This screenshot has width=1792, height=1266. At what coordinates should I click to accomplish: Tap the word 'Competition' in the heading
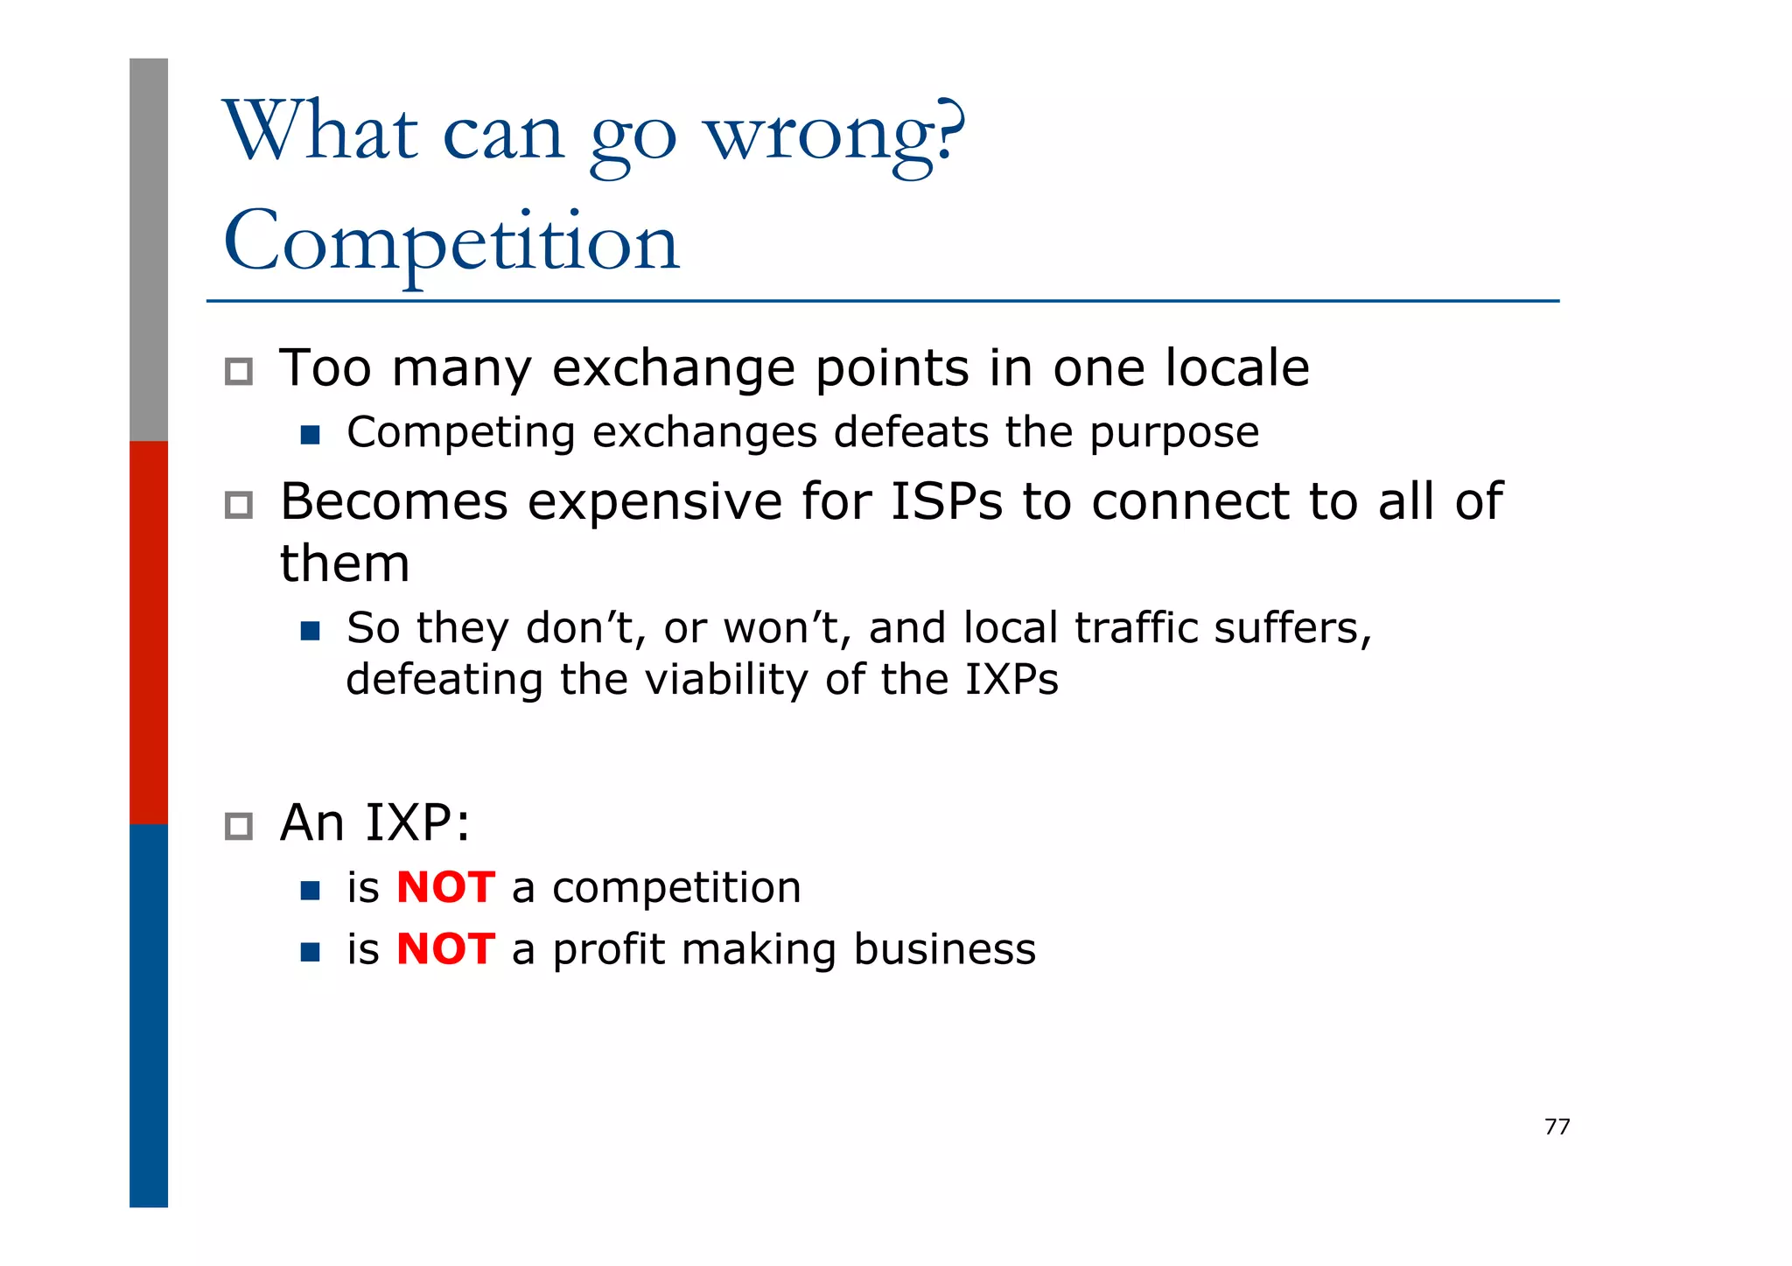coord(451,242)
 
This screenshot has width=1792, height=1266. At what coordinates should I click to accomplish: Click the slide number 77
coord(1557,1127)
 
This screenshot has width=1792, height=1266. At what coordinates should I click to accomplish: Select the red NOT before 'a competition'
coord(445,888)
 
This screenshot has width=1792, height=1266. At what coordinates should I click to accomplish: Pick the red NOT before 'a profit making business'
coord(445,949)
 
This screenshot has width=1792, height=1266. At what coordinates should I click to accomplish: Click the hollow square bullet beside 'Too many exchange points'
coord(239,372)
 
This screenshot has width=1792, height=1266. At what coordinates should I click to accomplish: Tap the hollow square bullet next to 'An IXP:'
coord(239,826)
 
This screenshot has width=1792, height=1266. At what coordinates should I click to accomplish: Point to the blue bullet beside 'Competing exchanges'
coord(310,435)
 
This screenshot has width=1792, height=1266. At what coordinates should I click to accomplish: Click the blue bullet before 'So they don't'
coord(310,631)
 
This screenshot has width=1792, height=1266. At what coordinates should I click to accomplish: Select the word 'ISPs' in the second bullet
coord(946,502)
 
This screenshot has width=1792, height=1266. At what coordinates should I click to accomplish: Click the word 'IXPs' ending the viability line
coord(1011,680)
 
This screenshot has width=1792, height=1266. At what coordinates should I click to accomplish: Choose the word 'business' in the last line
coord(945,949)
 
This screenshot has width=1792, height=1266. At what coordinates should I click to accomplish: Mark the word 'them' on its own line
coord(345,563)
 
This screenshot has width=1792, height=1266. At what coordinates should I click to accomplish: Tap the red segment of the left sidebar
coord(149,632)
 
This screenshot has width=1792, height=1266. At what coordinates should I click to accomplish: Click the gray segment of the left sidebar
coord(149,249)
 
